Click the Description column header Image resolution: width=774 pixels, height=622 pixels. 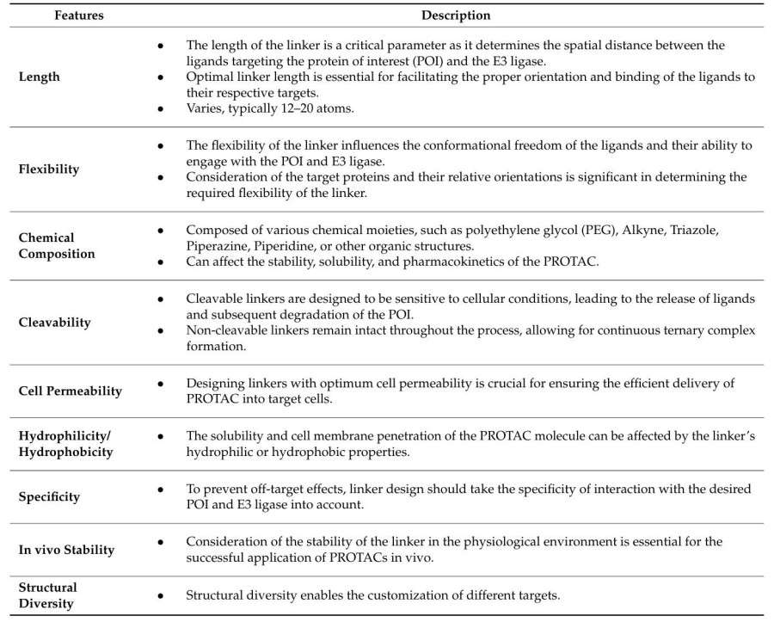point(456,15)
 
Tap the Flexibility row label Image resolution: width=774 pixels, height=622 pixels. point(48,169)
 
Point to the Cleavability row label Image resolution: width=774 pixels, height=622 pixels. point(54,323)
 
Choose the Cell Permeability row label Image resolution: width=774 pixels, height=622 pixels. point(71,391)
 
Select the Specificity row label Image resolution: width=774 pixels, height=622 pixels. point(49,496)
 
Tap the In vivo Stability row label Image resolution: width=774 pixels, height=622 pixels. point(66,549)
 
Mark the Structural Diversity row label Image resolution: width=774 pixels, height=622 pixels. point(48,595)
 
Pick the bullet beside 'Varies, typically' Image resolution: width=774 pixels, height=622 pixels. point(161,109)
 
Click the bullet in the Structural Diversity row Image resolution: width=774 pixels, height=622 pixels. point(161,595)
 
